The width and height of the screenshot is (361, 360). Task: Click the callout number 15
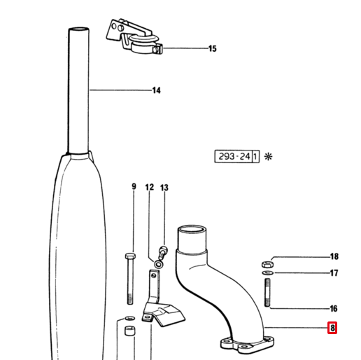coord(212,48)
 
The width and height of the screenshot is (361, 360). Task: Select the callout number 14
coord(156,90)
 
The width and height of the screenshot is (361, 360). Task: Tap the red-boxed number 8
coord(332,328)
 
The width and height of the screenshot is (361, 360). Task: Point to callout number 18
coord(334,256)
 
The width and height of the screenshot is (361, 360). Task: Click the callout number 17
coord(334,272)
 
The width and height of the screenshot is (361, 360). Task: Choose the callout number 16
coord(334,308)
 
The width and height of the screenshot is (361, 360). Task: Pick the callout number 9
coord(134,186)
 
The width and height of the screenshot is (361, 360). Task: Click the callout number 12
coord(150,187)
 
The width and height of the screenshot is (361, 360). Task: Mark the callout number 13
coord(164,188)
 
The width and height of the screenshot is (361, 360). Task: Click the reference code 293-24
coord(234,156)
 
